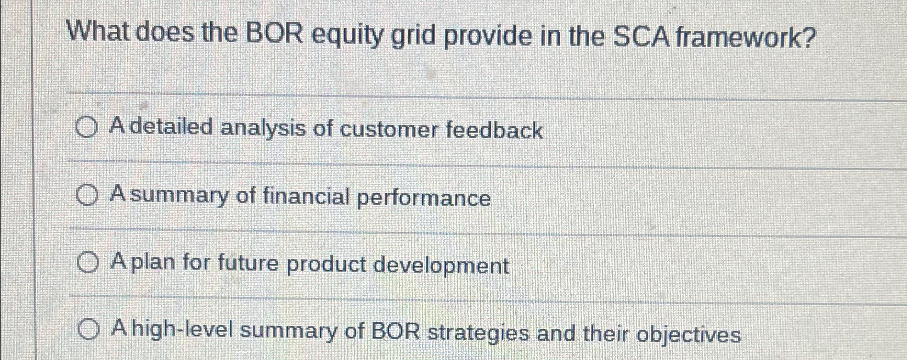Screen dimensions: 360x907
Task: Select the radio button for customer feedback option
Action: (87, 129)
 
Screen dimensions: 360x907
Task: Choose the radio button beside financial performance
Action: (88, 195)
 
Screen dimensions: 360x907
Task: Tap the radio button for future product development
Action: (88, 264)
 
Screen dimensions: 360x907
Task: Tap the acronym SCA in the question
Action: (640, 37)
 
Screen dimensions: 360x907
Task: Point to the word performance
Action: (424, 198)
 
